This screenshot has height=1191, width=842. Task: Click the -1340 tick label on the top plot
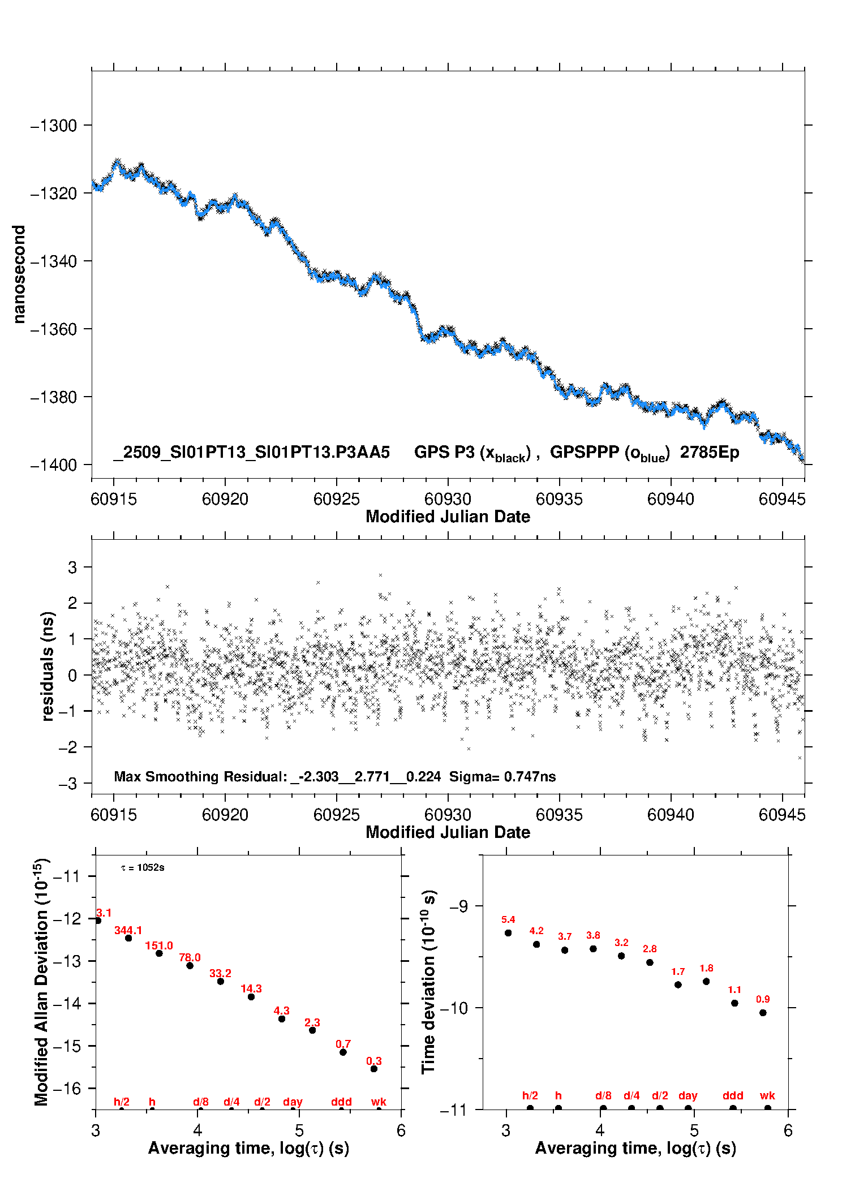[53, 261]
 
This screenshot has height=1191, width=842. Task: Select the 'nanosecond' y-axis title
[19, 274]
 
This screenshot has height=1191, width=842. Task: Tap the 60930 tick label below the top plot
[448, 499]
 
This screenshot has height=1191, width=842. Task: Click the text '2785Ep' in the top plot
[710, 453]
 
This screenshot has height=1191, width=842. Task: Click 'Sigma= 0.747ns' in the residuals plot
[502, 777]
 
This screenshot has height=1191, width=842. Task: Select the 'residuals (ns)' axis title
[48, 666]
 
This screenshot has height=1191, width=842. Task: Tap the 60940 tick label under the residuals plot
[671, 815]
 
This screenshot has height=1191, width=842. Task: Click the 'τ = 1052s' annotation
[143, 868]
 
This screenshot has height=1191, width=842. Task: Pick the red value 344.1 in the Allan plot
[128, 931]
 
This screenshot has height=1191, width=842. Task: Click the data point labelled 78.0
[190, 966]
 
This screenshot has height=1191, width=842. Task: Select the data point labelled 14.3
[251, 997]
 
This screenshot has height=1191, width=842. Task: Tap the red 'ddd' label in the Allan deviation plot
[341, 1102]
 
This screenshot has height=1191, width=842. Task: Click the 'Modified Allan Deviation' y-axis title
[42, 982]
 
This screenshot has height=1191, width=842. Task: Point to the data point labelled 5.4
[508, 933]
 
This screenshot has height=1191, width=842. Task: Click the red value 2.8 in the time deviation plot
[650, 949]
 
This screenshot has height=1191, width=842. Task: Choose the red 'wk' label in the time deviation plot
[767, 1096]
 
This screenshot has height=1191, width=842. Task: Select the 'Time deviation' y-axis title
[429, 982]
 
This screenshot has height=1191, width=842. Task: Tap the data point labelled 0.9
[763, 1013]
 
